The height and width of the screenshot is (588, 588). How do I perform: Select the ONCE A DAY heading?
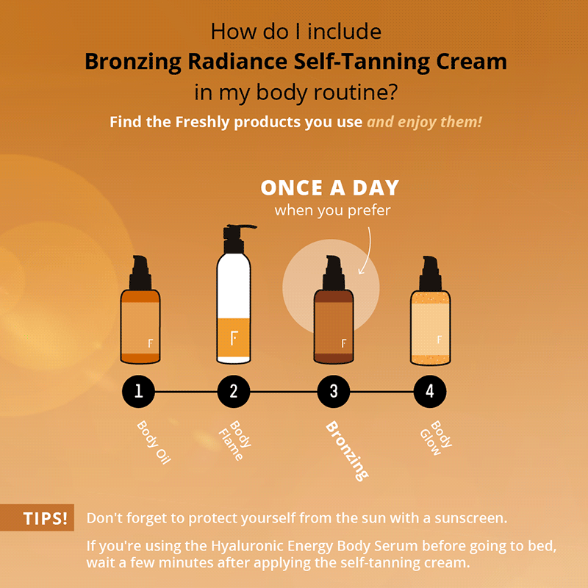coord(330,188)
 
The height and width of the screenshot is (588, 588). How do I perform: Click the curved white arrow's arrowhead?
coord(360,271)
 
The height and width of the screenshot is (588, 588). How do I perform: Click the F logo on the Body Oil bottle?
coord(150,343)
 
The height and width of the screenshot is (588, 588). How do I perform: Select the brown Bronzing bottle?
coord(334,323)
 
